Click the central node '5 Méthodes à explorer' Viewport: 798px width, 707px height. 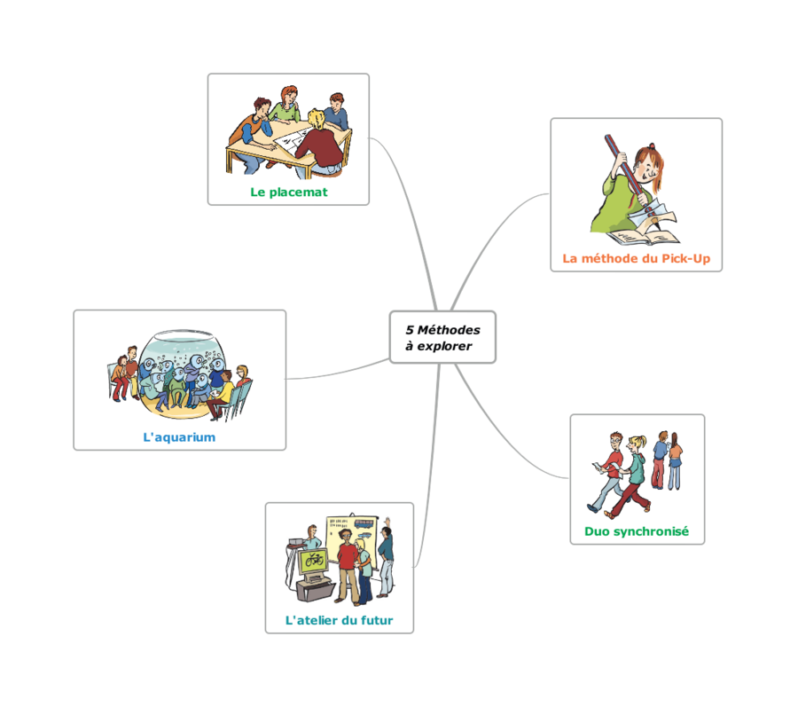[442, 337]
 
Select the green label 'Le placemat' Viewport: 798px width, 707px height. [288, 192]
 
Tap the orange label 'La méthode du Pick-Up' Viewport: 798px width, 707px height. [636, 258]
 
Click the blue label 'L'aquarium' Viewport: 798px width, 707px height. [179, 436]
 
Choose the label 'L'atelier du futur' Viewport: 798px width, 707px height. [339, 620]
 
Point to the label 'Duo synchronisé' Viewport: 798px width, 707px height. [637, 531]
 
